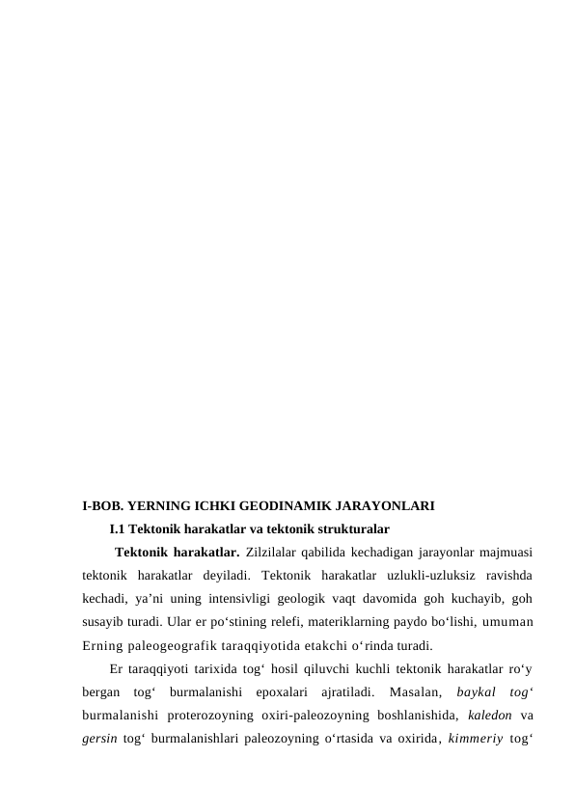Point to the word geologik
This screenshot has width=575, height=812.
311,599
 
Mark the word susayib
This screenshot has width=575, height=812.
103,622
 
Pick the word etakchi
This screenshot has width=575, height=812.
342,645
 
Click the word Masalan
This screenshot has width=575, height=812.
410,692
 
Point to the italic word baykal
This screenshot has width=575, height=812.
473,692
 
